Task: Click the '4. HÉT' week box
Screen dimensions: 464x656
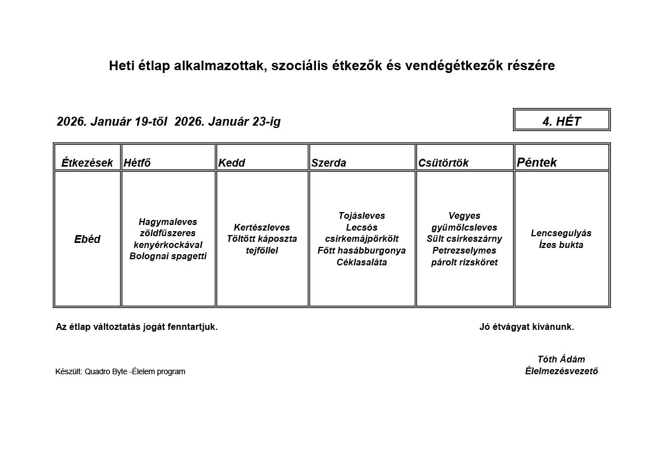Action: pos(561,121)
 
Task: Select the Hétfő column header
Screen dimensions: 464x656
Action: pos(137,163)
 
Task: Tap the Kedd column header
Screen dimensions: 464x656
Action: pos(232,163)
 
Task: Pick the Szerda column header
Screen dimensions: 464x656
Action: pos(329,163)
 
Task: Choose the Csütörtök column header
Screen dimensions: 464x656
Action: pos(443,163)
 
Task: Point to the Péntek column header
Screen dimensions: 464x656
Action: pos(537,163)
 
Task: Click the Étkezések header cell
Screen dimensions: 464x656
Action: pos(87,163)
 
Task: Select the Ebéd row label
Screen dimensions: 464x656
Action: pos(87,239)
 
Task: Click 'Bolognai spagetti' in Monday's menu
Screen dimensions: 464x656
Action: pos(168,256)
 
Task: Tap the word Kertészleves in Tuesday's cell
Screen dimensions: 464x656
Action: pos(262,227)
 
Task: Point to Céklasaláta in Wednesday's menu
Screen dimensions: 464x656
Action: pos(362,263)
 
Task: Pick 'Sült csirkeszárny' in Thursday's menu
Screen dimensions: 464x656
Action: pos(464,239)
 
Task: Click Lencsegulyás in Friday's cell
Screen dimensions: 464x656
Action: pos(561,233)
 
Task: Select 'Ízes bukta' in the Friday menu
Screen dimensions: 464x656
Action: pos(561,245)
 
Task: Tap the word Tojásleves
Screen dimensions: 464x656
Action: pos(362,215)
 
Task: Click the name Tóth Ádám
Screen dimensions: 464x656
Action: pos(561,360)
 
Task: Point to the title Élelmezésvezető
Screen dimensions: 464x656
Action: pos(561,371)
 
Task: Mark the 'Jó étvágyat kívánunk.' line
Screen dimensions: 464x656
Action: pos(526,327)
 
